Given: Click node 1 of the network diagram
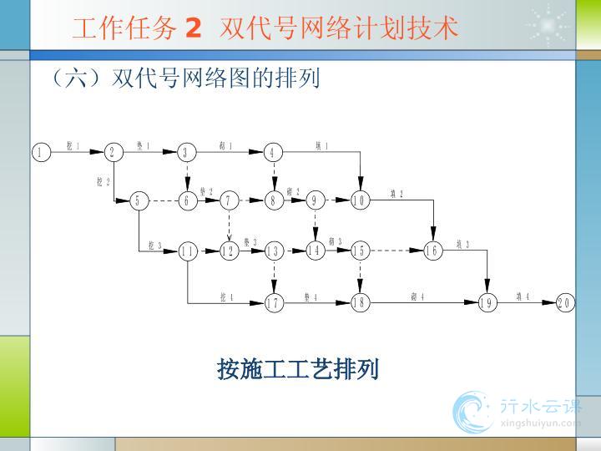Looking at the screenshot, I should point(39,152).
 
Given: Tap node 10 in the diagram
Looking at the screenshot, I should point(360,200).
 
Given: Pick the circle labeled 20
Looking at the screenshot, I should point(565,302).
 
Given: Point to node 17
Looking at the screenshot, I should point(273,302).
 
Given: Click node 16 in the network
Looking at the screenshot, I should point(432,251).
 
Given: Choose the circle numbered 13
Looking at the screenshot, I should point(273,251).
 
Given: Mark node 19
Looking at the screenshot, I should point(487,302).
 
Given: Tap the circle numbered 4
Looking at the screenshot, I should point(273,152).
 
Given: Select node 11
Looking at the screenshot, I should point(188,251).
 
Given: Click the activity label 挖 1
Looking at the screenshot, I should point(73,146).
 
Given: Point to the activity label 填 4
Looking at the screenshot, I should point(523,296).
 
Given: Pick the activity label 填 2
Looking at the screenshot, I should point(396,195).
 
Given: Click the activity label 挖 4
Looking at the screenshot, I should point(226,296).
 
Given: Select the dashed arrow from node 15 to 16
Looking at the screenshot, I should point(396,251).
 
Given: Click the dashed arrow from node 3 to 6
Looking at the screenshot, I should point(188,176).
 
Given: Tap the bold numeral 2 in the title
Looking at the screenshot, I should point(194,28).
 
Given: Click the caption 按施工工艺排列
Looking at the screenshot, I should point(298,368).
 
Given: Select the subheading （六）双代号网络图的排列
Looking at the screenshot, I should point(184,79).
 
